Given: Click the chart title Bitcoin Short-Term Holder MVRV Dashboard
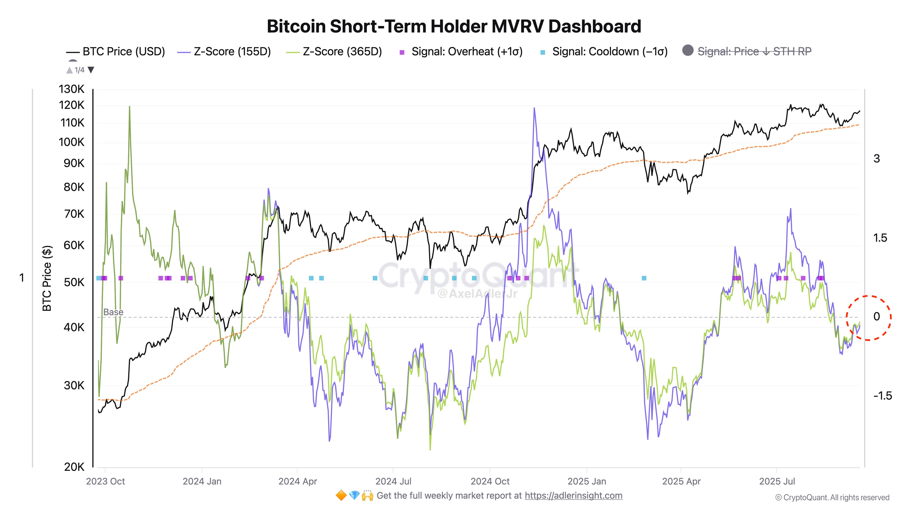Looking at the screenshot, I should click(454, 26).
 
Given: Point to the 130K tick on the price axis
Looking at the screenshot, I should click(72, 89).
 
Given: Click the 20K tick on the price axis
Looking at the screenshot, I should click(74, 467).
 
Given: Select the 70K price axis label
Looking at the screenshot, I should click(74, 214).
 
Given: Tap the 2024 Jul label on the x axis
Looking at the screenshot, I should click(393, 482).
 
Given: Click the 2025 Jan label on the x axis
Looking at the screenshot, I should click(587, 482).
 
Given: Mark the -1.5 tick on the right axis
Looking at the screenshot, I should click(882, 396).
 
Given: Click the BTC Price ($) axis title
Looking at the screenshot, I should click(47, 278).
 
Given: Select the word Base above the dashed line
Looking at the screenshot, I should click(113, 312).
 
